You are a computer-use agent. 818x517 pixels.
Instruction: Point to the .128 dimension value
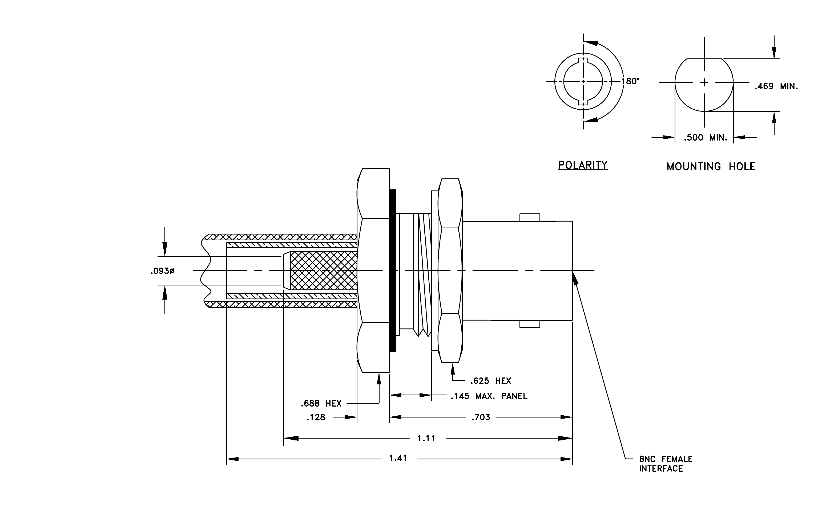(x=316, y=417)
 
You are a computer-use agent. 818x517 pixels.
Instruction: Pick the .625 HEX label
(x=491, y=381)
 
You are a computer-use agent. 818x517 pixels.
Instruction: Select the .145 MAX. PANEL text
(x=489, y=396)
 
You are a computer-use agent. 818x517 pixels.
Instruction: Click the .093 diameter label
(x=163, y=271)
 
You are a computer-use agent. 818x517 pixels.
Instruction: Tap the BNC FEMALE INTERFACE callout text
(x=666, y=464)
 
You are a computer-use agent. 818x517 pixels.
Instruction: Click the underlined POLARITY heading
(x=583, y=165)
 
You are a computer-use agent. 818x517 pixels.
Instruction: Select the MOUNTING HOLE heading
(x=711, y=166)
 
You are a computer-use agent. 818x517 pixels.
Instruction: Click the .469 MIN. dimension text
(x=776, y=86)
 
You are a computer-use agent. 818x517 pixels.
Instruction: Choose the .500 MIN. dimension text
(x=706, y=138)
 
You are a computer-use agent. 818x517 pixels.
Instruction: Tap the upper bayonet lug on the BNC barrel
(x=530, y=217)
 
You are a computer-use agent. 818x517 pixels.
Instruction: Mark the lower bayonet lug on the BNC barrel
(x=530, y=324)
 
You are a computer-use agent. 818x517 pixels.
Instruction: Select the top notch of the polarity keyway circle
(x=583, y=61)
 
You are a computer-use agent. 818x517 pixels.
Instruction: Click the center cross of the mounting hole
(x=704, y=82)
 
